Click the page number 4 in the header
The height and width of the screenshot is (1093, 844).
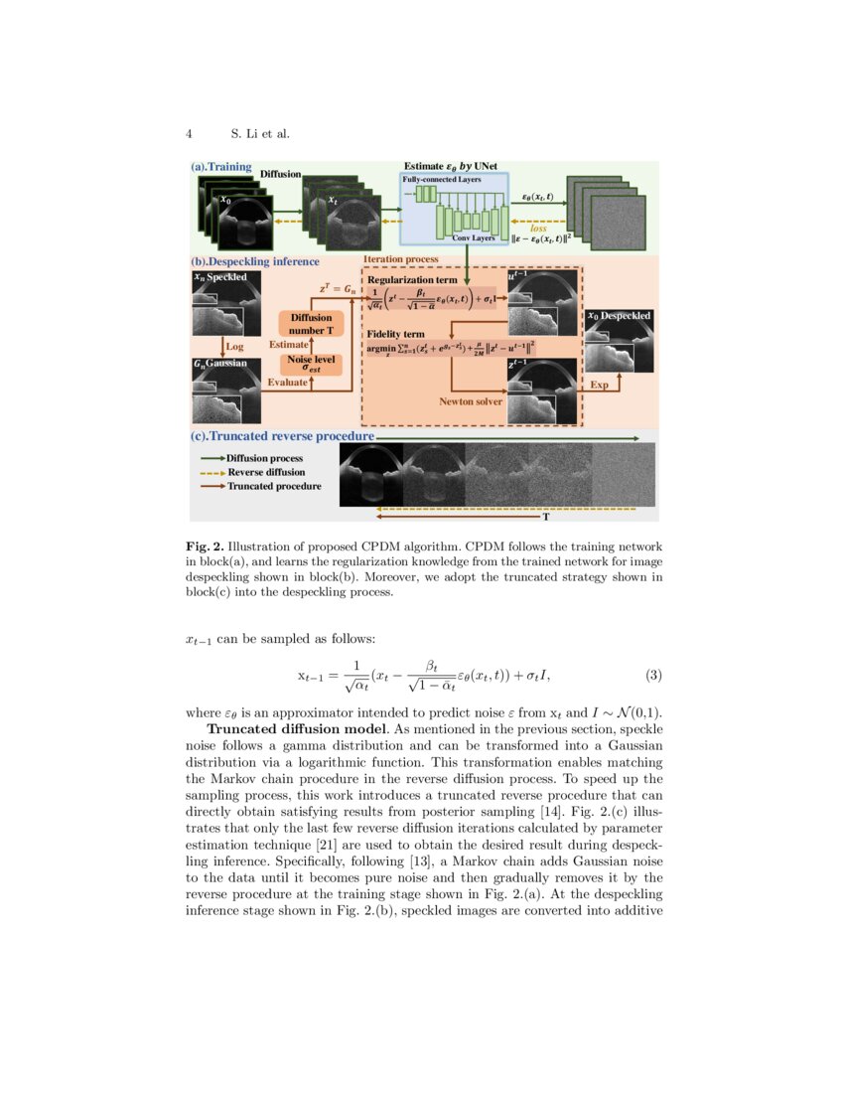click(x=189, y=133)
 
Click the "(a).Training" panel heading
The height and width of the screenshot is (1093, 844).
click(x=221, y=168)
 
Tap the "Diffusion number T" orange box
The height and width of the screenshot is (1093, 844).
click(x=310, y=323)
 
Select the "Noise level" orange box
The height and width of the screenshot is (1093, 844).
click(x=310, y=364)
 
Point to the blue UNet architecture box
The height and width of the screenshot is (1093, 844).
click(x=454, y=208)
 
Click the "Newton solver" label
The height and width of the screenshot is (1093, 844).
click(x=471, y=402)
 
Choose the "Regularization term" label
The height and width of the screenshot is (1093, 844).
click(x=412, y=281)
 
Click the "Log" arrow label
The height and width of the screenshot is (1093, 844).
click(x=235, y=347)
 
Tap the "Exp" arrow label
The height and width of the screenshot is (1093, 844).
click(x=599, y=385)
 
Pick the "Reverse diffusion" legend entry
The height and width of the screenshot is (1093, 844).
click(x=266, y=472)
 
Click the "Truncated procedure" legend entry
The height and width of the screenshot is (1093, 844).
click(x=274, y=486)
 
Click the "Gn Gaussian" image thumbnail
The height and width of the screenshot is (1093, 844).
click(x=226, y=390)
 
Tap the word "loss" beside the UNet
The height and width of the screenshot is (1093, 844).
click(x=538, y=229)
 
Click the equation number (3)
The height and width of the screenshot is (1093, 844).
click(x=653, y=676)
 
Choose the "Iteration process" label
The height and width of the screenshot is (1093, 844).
click(x=401, y=259)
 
